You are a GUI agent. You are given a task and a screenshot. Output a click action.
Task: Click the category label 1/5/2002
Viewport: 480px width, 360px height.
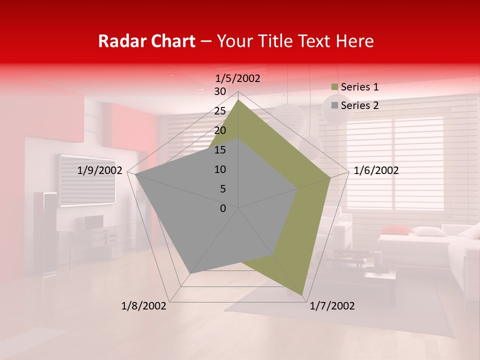pyautogui.click(x=237, y=78)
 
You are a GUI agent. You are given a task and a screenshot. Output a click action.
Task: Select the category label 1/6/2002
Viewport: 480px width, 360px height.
pyautogui.click(x=376, y=170)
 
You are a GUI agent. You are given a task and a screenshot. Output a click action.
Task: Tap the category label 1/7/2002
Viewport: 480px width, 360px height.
pyautogui.click(x=332, y=306)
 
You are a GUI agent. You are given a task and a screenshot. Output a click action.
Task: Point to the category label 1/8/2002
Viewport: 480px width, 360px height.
pyautogui.click(x=144, y=306)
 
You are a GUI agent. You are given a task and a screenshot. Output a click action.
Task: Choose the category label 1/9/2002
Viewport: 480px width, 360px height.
pyautogui.click(x=100, y=170)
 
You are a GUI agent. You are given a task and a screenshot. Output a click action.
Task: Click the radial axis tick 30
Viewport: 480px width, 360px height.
pyautogui.click(x=220, y=91)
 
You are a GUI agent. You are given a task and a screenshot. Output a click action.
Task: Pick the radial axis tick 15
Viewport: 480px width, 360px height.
pyautogui.click(x=220, y=150)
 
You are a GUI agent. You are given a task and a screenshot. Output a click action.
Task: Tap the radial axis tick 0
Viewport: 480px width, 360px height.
pyautogui.click(x=223, y=208)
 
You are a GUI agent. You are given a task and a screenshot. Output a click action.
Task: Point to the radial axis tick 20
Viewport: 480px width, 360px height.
pyautogui.click(x=220, y=130)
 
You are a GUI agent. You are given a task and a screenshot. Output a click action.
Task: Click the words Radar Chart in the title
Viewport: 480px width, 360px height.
pyautogui.click(x=146, y=41)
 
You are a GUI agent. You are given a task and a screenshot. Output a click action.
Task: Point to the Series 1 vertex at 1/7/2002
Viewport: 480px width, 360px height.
pyautogui.click(x=302, y=295)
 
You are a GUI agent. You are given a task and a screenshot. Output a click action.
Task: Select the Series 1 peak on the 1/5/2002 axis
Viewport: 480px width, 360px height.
pyautogui.click(x=238, y=99)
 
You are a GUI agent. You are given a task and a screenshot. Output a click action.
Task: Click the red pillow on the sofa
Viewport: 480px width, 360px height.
pyautogui.click(x=395, y=229)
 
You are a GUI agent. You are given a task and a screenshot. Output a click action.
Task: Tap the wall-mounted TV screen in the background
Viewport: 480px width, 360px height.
pyautogui.click(x=88, y=180)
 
